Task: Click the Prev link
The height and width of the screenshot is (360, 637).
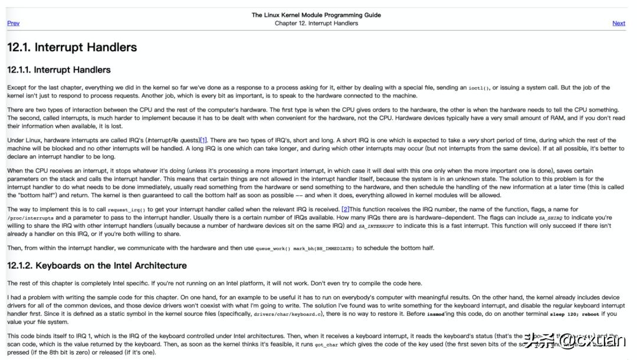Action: [13, 24]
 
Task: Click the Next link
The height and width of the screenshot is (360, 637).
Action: [619, 24]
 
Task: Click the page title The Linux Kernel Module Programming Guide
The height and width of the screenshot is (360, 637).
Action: [316, 15]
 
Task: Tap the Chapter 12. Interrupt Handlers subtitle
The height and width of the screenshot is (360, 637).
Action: [316, 24]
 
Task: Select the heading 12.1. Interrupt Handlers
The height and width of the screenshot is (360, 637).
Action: [72, 48]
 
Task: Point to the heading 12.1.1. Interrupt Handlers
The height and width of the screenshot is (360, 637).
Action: [59, 70]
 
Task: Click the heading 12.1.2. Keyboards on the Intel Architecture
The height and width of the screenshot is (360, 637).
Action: [97, 266]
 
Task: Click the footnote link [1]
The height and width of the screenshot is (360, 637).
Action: [203, 140]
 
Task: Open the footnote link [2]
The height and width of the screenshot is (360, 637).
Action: [346, 210]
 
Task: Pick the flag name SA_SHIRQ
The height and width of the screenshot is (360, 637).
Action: [550, 218]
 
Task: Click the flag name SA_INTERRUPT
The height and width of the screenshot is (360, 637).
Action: [376, 226]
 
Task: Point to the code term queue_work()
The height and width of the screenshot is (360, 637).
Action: [273, 248]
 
